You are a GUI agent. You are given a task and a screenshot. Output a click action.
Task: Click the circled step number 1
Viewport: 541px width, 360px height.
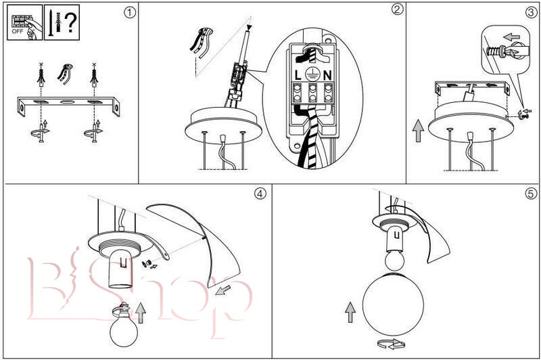click(x=130, y=13)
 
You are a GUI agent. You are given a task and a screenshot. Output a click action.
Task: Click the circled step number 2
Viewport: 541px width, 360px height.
click(x=397, y=9)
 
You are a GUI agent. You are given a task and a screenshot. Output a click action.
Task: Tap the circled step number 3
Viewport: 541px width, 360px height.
click(x=532, y=13)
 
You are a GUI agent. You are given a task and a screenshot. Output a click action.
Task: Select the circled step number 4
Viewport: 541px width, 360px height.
click(x=260, y=194)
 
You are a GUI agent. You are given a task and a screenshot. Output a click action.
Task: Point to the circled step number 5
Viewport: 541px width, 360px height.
click(x=532, y=194)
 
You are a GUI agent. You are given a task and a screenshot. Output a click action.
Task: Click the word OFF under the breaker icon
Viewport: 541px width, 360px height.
click(x=18, y=31)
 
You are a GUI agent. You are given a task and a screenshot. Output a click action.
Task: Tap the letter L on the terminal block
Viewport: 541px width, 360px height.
click(x=298, y=75)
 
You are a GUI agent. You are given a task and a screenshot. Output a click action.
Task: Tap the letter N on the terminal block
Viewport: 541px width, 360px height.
click(x=328, y=75)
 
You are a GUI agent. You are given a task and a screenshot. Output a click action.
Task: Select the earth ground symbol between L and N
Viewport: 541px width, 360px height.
click(x=312, y=74)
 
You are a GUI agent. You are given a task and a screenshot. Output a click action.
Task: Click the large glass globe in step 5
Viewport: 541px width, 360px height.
click(x=393, y=304)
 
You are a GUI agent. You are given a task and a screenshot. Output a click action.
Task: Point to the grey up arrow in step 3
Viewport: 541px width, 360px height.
click(x=418, y=131)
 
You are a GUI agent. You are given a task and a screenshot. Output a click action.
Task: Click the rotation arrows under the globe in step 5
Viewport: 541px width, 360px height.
click(x=391, y=344)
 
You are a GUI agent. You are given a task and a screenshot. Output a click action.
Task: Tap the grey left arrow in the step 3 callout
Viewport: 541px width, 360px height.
click(x=511, y=37)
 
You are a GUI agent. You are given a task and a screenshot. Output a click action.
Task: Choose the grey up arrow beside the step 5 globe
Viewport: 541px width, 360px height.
click(x=350, y=313)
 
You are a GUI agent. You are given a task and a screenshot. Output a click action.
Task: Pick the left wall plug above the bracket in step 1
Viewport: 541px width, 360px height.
click(x=41, y=76)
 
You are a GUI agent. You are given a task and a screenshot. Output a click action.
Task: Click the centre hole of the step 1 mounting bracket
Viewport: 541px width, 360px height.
click(x=68, y=102)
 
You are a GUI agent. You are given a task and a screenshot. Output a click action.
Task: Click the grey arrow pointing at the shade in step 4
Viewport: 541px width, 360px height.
click(x=223, y=290)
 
